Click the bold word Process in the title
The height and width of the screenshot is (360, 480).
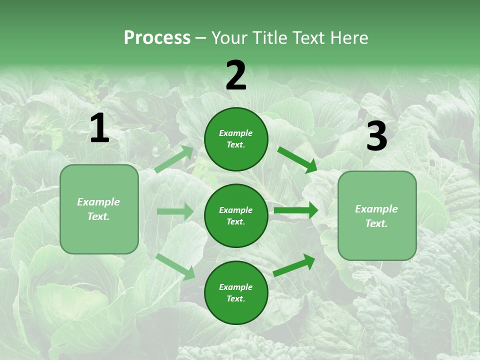tap(157, 38)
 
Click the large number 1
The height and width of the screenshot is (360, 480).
tap(99, 129)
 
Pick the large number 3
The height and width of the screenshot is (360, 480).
tap(376, 136)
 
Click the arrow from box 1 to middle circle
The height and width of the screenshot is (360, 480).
tap(175, 211)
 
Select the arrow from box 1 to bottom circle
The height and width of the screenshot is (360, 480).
tap(175, 266)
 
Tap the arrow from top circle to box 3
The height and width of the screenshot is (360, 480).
tap(297, 160)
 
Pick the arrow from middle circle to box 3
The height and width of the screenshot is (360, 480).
tap(296, 210)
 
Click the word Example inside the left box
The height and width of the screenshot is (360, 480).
tap(98, 202)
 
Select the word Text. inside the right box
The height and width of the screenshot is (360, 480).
tap(376, 223)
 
